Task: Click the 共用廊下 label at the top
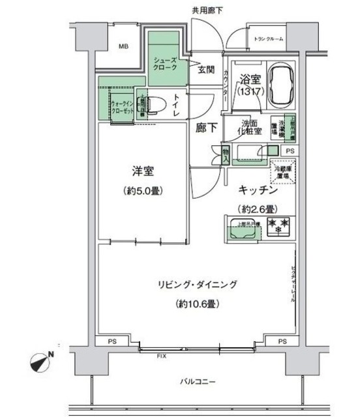207,10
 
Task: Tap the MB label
123,46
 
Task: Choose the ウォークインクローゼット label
123,107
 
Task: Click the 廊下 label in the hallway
205,128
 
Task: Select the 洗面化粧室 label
251,127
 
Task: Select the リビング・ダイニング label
196,284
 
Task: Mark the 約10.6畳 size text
196,304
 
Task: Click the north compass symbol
42,359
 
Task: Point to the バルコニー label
196,381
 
